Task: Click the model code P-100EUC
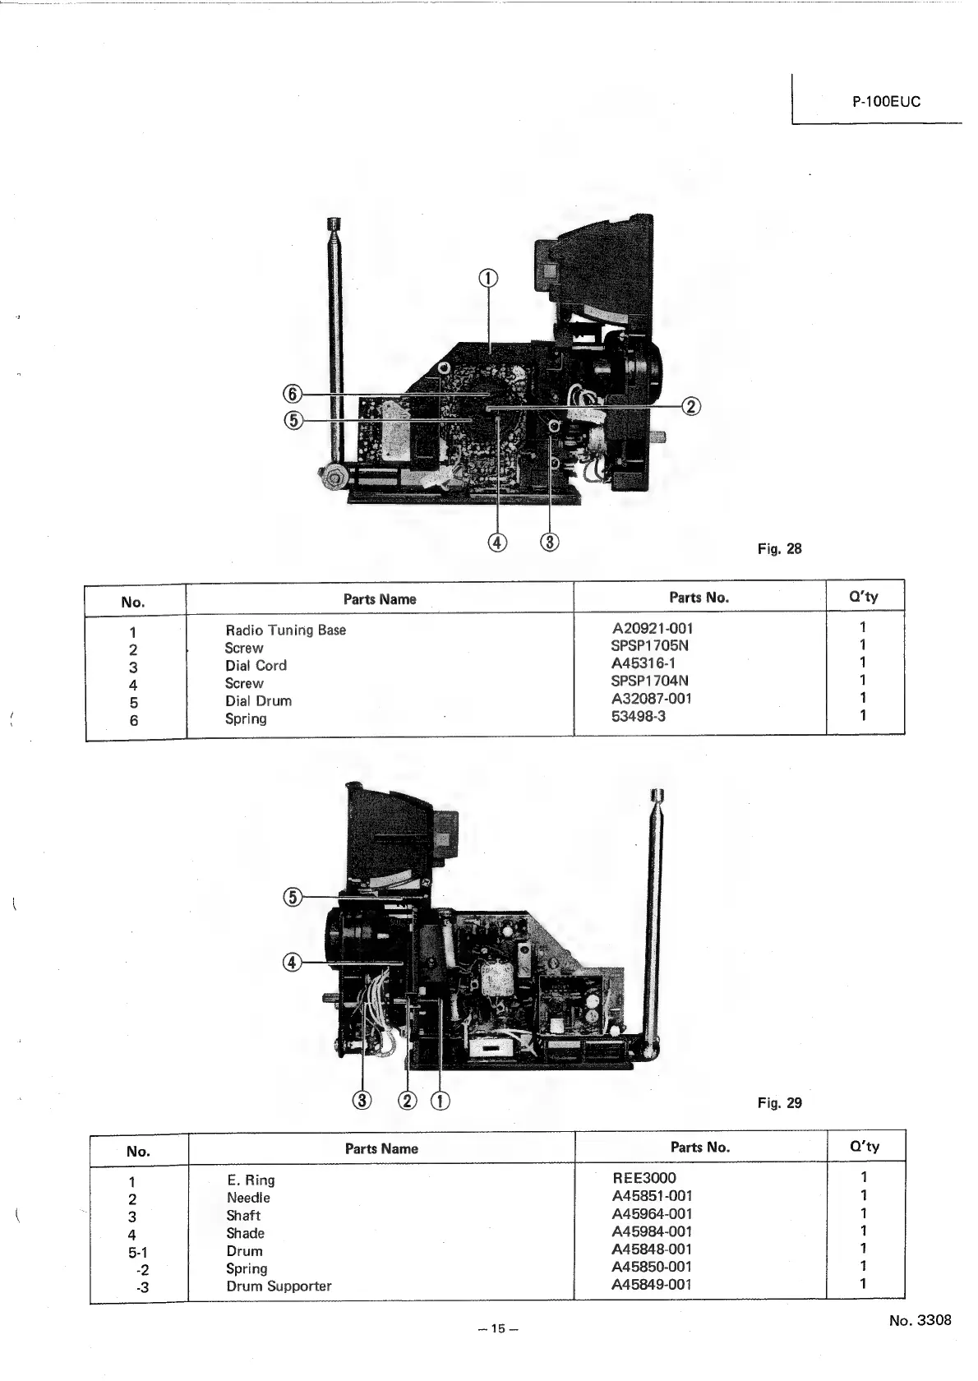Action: pos(886,103)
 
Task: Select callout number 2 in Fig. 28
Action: pos(691,406)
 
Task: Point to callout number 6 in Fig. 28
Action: pos(293,393)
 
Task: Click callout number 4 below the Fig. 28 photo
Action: pos(497,543)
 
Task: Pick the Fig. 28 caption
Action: pos(779,548)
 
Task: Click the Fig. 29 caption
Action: pos(779,1102)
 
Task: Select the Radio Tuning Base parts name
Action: pos(285,630)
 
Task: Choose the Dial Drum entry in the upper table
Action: pos(258,701)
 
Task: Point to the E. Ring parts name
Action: pos(251,1180)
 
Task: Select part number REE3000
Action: pos(644,1178)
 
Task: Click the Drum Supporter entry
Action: pos(279,1286)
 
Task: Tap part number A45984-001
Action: pos(652,1231)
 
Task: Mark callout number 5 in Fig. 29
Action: pos(293,897)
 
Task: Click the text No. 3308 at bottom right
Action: pos(920,1320)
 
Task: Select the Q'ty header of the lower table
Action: pos(864,1146)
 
